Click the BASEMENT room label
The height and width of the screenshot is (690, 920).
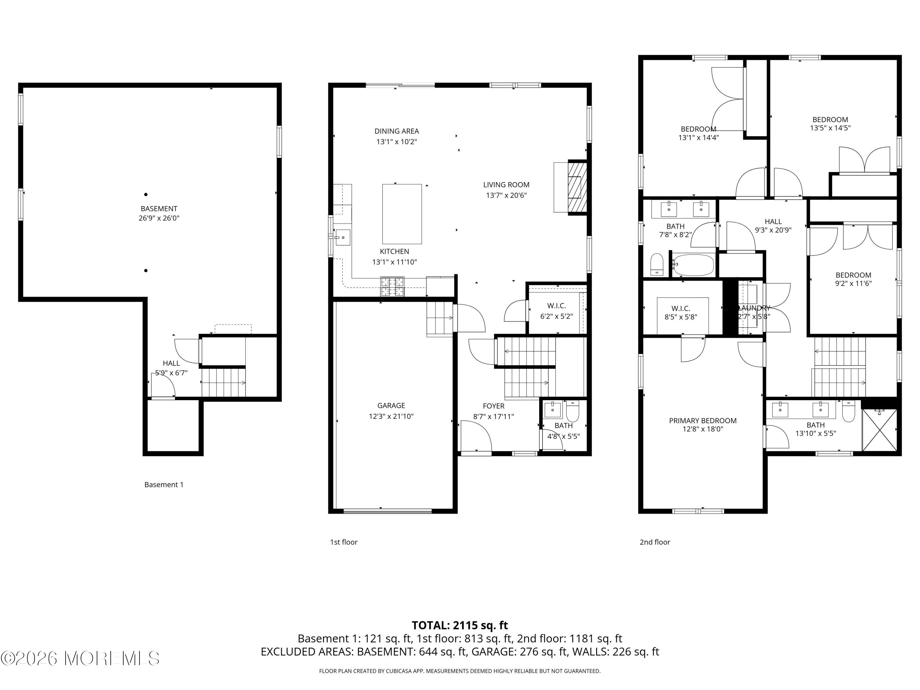coord(159,208)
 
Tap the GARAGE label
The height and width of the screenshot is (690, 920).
coord(391,405)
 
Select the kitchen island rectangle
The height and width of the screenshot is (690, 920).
coord(402,214)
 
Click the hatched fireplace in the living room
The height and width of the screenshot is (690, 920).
coord(577,188)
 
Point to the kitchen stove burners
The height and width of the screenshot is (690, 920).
coord(392,286)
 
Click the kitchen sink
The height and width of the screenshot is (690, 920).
coord(343,237)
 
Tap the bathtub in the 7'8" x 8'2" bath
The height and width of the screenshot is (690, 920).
coord(693,265)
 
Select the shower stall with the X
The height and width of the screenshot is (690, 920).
coord(879,430)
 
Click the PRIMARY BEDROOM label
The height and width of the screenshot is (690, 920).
coord(703,420)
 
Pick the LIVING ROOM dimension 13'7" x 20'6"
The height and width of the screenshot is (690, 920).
coord(506,195)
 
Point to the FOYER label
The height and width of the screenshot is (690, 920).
coord(494,406)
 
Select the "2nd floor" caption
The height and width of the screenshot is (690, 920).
coord(655,542)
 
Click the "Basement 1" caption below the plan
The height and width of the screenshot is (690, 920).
coord(163,485)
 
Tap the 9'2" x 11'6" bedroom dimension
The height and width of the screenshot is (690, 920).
coord(853,284)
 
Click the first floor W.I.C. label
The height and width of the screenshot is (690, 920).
coord(557,306)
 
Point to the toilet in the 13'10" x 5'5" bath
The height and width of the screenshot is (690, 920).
coord(849,411)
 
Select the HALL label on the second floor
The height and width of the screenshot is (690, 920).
coord(773,222)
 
